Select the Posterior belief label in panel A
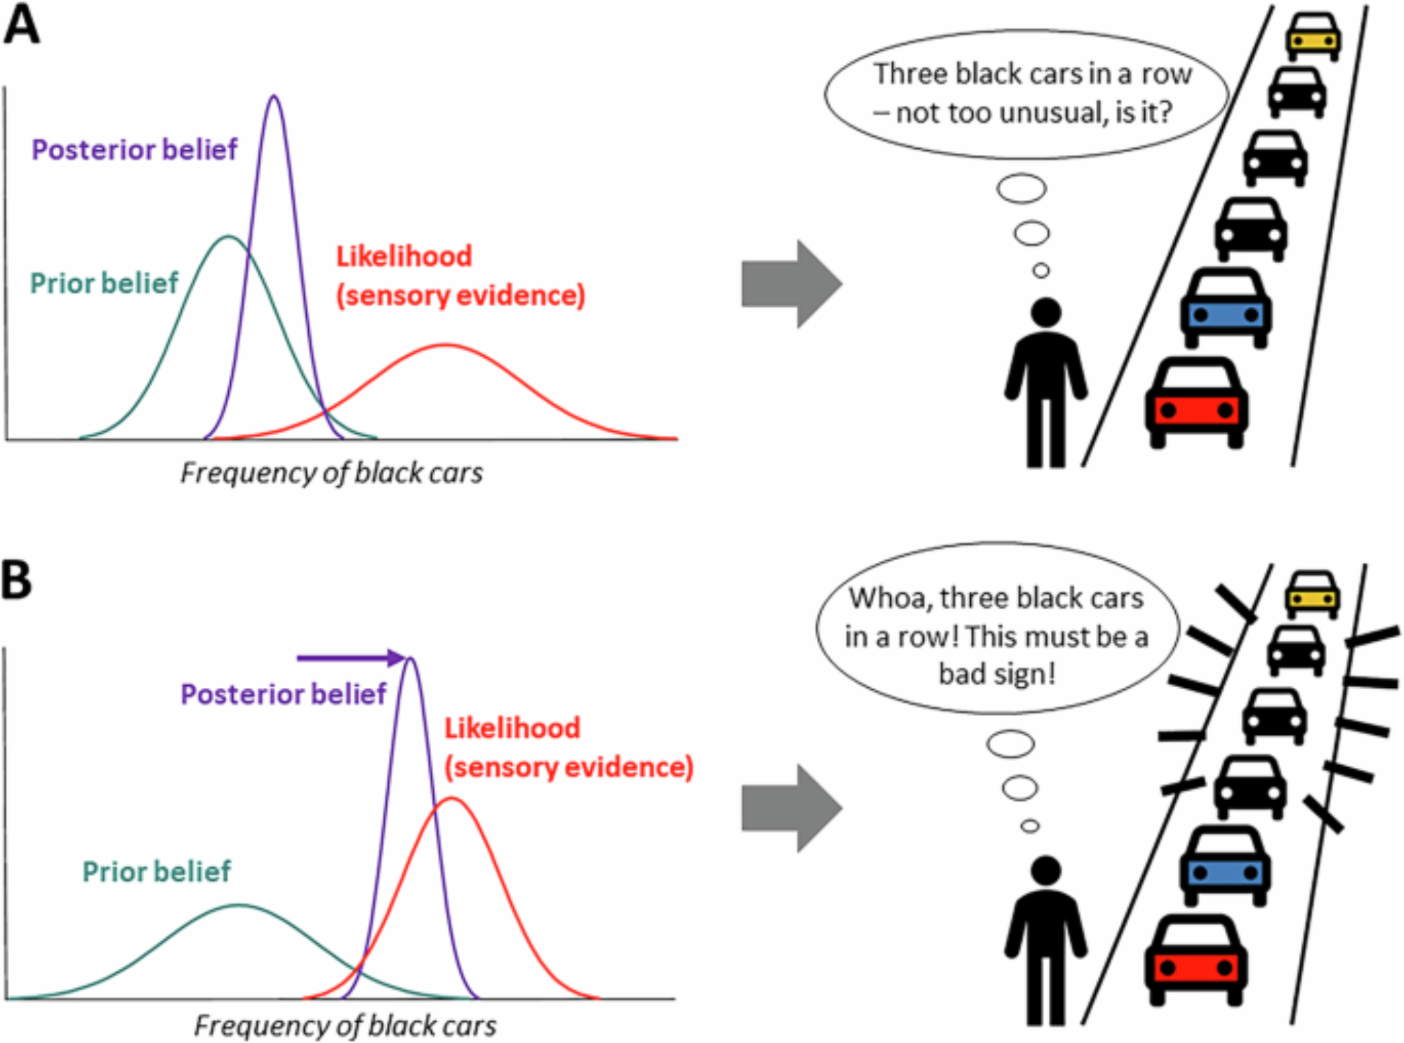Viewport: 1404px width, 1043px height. (x=134, y=150)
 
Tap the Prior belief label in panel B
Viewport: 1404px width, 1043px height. (x=156, y=872)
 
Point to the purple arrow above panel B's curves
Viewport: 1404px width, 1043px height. (x=351, y=658)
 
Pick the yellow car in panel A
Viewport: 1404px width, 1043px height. (x=1313, y=36)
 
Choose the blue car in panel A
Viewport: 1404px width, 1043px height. (x=1226, y=309)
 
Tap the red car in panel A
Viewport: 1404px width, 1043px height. (x=1196, y=404)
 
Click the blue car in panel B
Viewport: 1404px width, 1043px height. (x=1225, y=867)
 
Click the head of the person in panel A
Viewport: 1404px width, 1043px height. (x=1046, y=312)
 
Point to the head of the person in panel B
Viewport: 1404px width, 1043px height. (x=1046, y=870)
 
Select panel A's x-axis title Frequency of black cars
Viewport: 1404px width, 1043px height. (x=331, y=473)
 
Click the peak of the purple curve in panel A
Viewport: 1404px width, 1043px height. (x=274, y=97)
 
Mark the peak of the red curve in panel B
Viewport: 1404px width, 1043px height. (x=453, y=799)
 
